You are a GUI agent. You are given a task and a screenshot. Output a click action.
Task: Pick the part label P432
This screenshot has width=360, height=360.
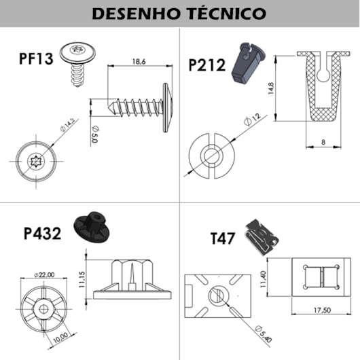pos(42,234)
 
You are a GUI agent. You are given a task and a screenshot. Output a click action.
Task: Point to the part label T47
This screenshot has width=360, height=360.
pos(223,238)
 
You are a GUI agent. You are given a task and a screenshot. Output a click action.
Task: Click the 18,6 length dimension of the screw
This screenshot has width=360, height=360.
pos(138,62)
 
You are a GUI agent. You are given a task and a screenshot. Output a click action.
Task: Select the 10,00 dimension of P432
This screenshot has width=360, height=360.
pos(61,336)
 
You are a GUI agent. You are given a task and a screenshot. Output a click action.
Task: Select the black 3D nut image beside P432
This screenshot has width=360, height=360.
pos(92,225)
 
